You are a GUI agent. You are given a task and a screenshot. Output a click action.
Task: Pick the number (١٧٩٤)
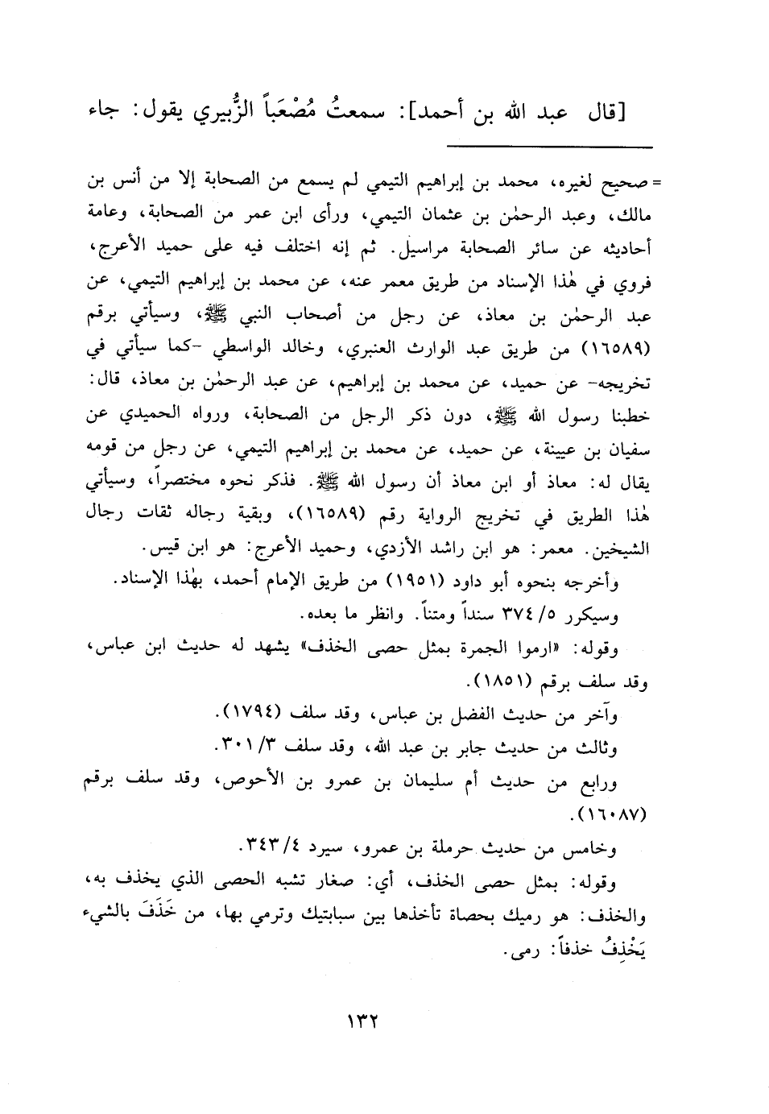(249, 714)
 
